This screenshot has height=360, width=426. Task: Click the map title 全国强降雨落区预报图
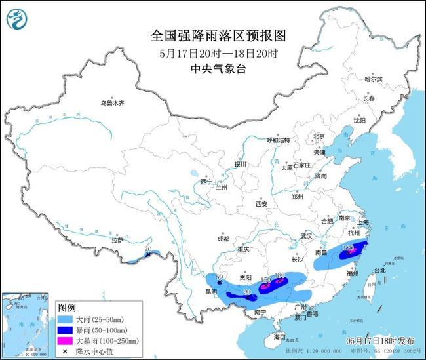pyautogui.click(x=213, y=33)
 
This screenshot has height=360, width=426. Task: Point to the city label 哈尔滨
pyautogui.click(x=373, y=79)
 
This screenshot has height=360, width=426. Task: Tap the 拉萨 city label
pyautogui.click(x=118, y=241)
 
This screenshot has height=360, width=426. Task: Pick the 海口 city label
pyautogui.click(x=281, y=336)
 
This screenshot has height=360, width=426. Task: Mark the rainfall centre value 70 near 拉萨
pyautogui.click(x=147, y=249)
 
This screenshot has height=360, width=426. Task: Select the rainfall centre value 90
pyautogui.click(x=247, y=292)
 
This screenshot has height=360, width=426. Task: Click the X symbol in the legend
pyautogui.click(x=66, y=350)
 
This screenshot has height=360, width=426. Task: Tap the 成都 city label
pyautogui.click(x=223, y=239)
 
